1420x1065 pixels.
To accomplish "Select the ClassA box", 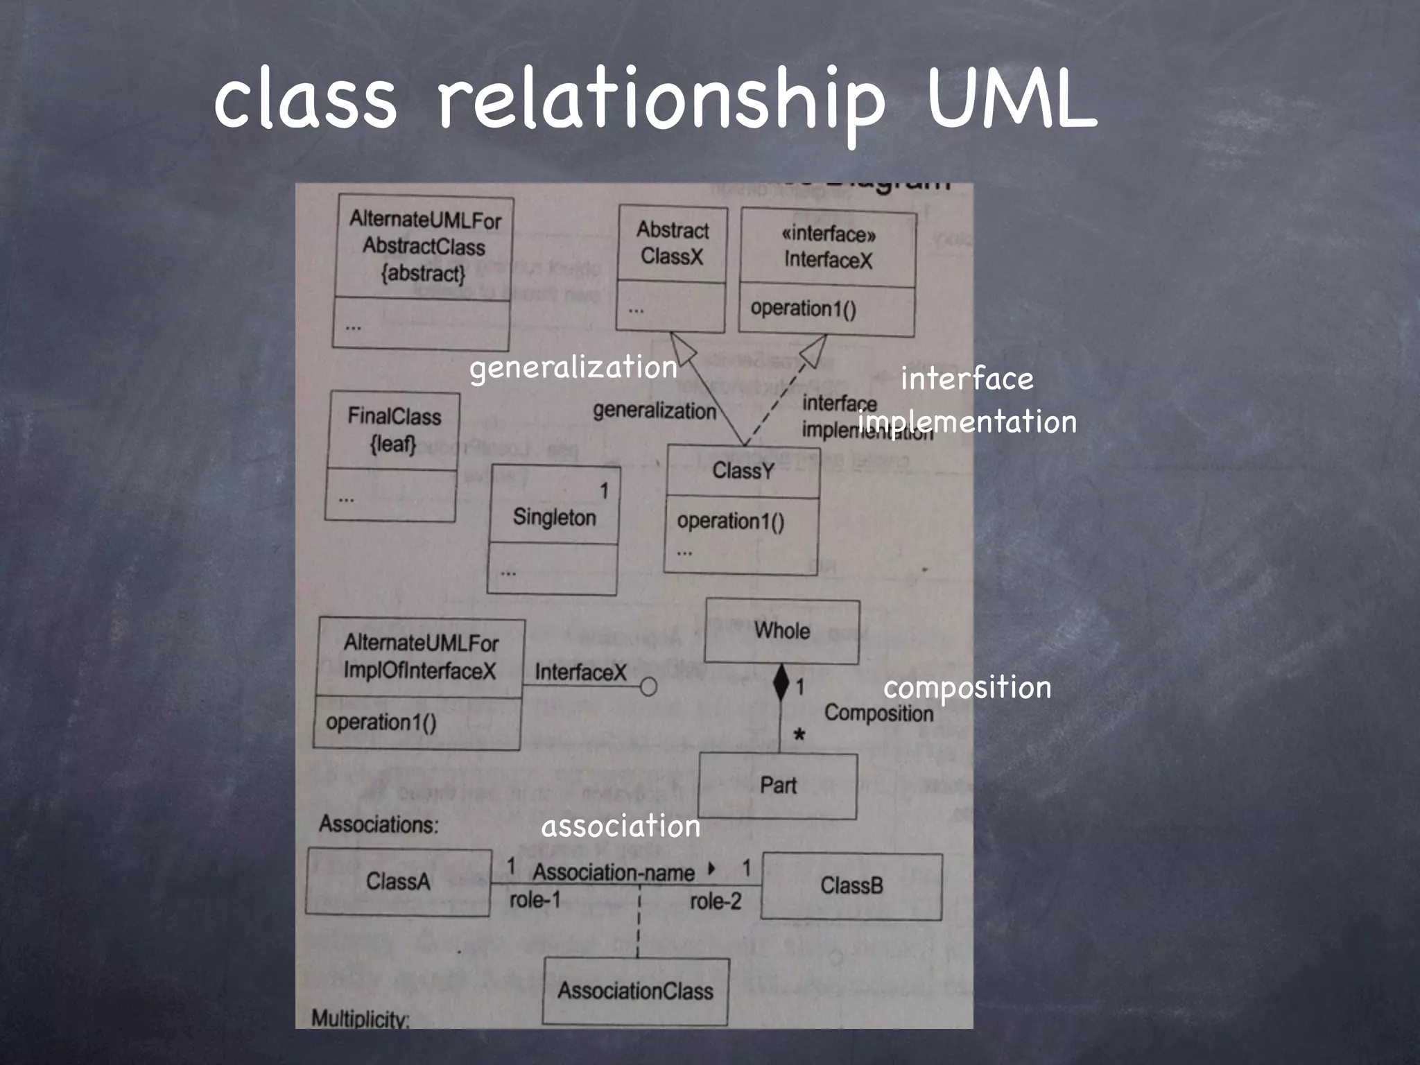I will point(399,881).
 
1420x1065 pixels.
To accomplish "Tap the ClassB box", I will point(851,886).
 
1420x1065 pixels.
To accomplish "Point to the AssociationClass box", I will point(635,991).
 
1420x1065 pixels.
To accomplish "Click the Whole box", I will point(782,631).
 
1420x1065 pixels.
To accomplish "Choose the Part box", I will point(778,786).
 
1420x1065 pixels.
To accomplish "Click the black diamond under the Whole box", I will point(781,682).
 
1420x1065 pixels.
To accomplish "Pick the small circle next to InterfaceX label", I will point(648,687).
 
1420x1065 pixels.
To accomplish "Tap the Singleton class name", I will point(554,517).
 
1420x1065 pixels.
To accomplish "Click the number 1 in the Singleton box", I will point(604,491).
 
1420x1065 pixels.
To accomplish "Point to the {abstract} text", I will point(423,273).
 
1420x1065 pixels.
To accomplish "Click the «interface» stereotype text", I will point(829,234).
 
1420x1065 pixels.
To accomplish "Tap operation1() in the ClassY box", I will point(730,521).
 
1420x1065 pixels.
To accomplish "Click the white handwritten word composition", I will point(967,688).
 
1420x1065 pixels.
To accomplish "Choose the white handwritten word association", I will point(621,826).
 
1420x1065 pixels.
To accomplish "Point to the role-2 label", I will point(715,901).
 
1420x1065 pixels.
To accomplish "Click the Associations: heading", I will point(379,824).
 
